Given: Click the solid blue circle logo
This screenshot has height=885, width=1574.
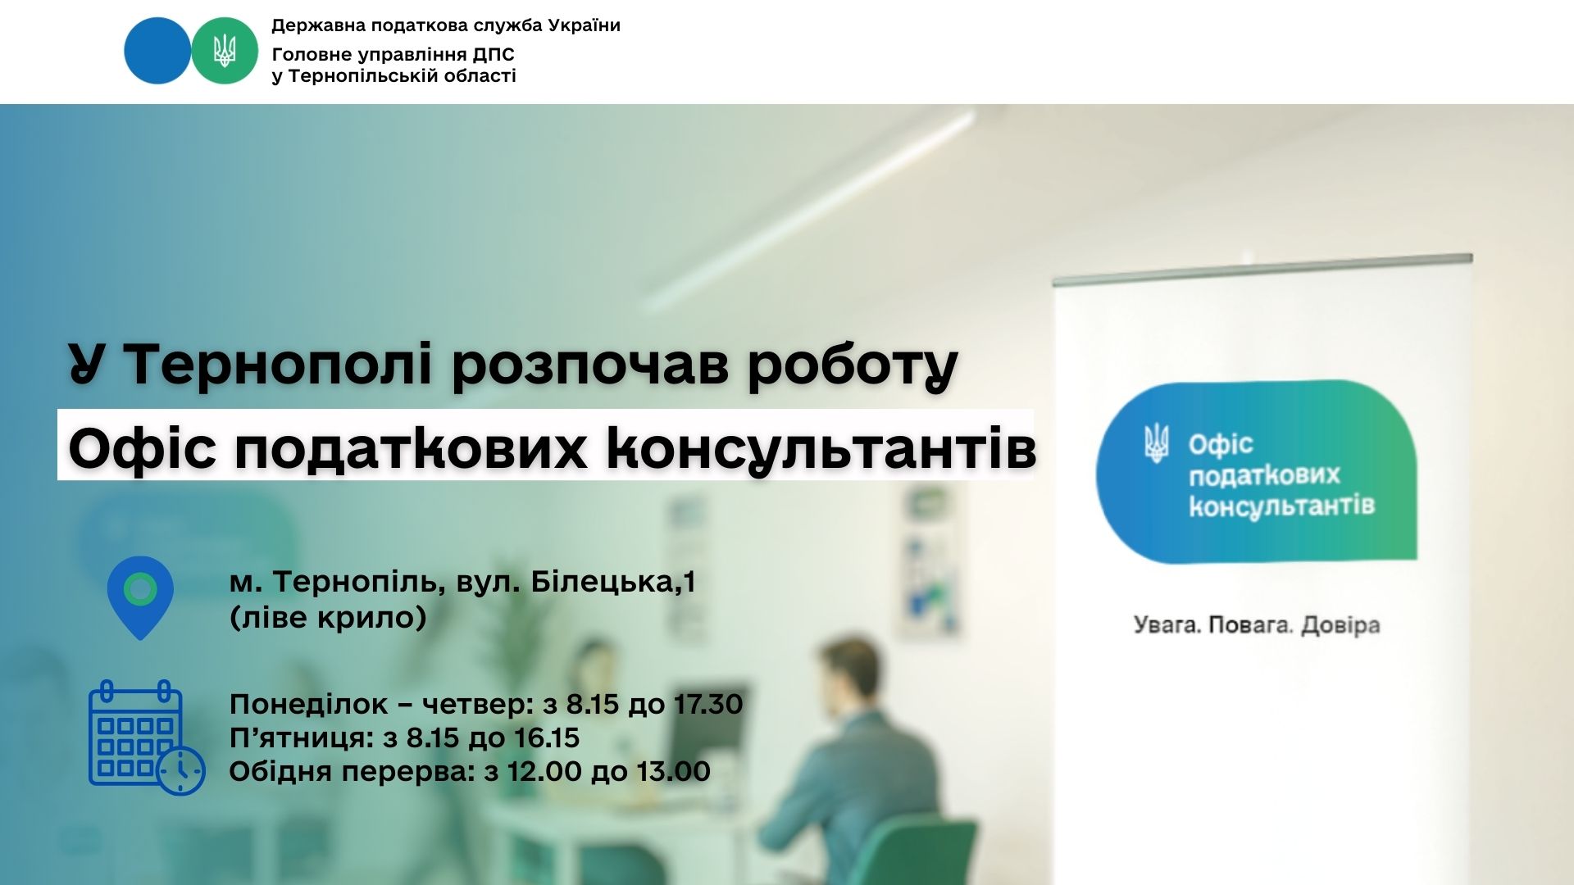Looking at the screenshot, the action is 157,50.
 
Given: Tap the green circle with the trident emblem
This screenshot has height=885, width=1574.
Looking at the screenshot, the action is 225,50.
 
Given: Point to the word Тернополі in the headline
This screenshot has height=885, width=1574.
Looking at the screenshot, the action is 278,364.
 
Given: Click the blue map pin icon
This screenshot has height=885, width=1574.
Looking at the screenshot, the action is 140,597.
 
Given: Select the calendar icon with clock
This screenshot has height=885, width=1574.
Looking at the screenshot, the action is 147,737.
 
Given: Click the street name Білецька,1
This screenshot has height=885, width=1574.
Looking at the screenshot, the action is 613,582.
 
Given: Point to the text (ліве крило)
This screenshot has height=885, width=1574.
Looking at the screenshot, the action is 328,617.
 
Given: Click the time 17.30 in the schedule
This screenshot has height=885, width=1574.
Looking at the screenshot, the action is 708,704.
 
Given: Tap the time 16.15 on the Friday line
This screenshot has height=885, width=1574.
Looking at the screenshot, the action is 547,737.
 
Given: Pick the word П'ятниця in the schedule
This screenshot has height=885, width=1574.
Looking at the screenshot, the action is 302,737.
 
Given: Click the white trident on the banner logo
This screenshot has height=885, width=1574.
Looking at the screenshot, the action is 1157,443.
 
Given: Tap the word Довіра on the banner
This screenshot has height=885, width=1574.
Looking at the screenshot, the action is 1341,625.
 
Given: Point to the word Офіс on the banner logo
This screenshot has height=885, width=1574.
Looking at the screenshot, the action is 1221,445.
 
